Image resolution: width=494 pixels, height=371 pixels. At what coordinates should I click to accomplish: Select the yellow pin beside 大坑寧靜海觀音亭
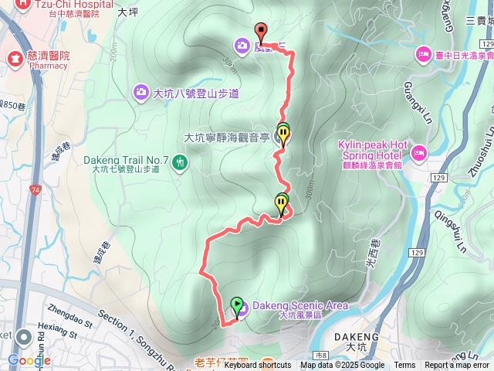(x=284, y=136)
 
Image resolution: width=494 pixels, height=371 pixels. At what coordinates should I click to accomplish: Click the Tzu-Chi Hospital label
(x=64, y=4)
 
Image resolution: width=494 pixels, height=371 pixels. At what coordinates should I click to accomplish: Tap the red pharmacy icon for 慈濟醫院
(x=14, y=56)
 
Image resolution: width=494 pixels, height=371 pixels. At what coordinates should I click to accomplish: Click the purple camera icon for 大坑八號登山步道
(x=140, y=93)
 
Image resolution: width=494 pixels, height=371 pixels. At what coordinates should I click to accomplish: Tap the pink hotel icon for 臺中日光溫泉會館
(x=423, y=54)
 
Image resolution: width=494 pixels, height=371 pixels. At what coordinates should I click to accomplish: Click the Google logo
(x=29, y=360)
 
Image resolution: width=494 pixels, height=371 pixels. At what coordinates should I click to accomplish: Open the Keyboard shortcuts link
(x=258, y=366)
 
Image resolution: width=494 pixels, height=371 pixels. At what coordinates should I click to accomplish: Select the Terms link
(x=404, y=366)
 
